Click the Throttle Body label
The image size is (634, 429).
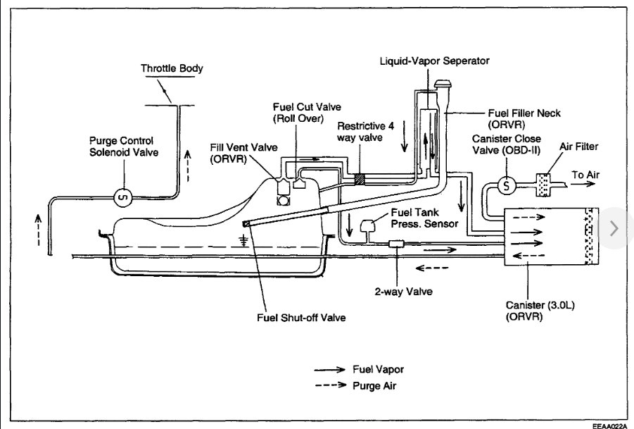pos(172,69)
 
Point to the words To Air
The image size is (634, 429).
pos(587,175)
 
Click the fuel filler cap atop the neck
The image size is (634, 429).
pos(443,86)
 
